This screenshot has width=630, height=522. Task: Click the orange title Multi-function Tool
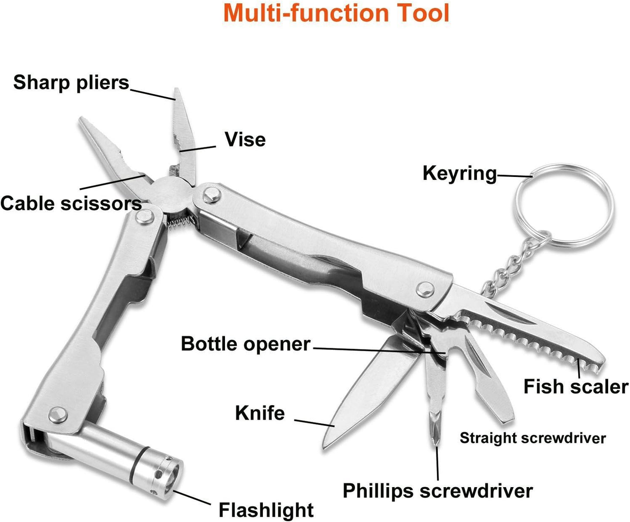coord(336,13)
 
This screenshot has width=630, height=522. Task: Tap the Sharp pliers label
coord(72,82)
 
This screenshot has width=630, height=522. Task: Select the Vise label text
coord(245,140)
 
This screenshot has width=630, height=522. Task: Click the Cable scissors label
coord(71,203)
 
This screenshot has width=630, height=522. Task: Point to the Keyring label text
coord(460,173)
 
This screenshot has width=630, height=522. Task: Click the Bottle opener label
coord(245,344)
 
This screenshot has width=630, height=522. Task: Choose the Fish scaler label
coord(576,386)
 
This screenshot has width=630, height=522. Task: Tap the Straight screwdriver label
coord(532,438)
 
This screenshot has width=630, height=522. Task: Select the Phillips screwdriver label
coord(437,491)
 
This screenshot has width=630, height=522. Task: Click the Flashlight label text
coord(266,509)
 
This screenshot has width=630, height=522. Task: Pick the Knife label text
coord(260,413)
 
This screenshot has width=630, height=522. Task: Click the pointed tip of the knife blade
coord(326,444)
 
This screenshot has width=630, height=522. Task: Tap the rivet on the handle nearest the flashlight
coord(58,415)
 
